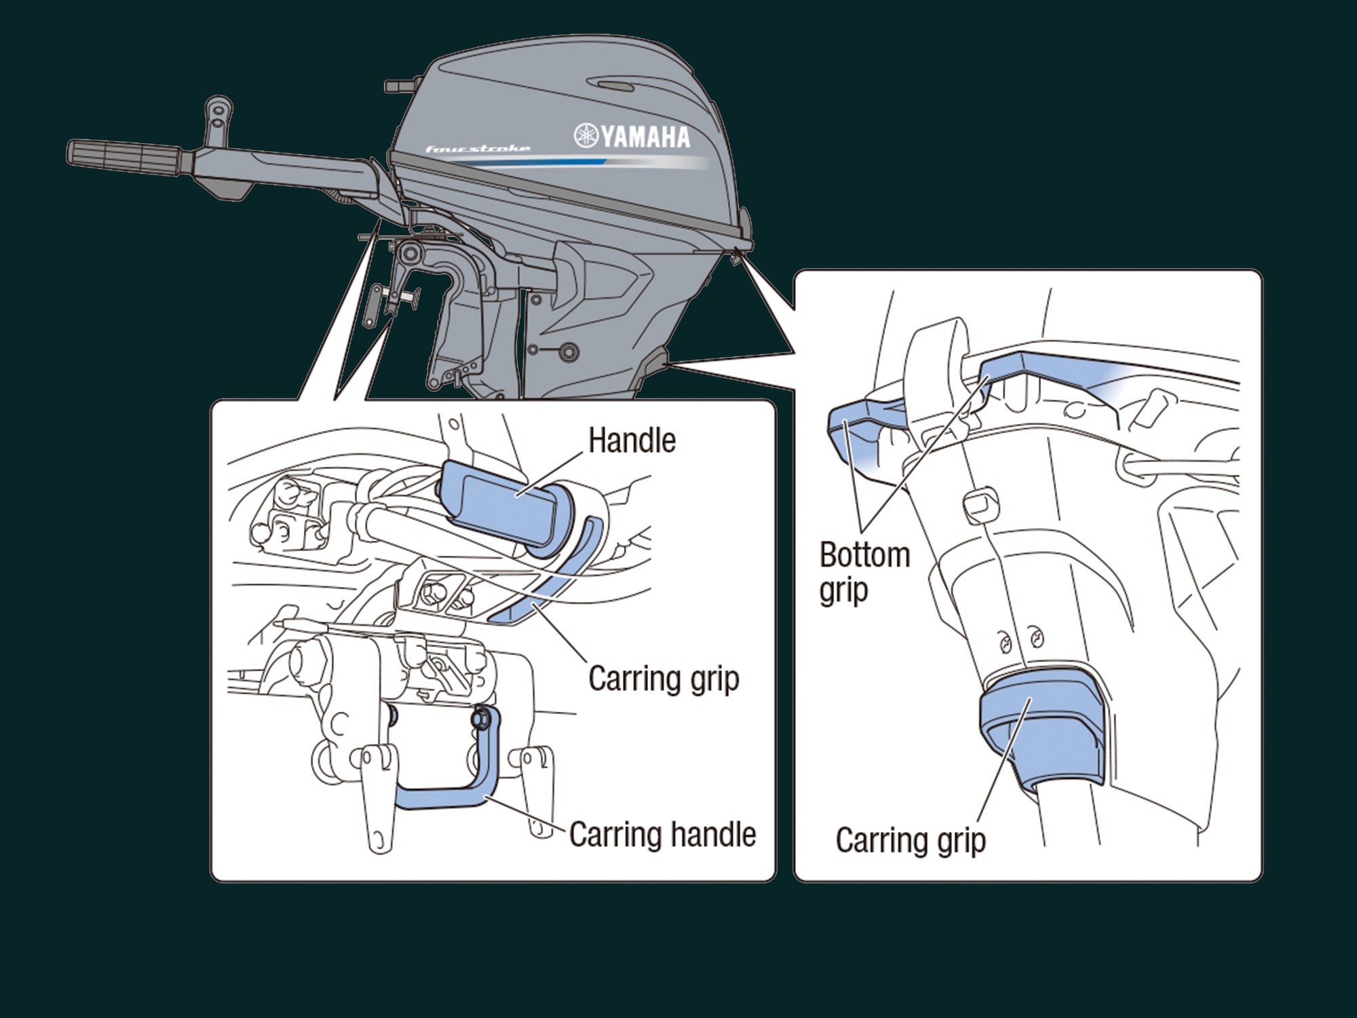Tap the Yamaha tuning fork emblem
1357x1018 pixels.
click(585, 136)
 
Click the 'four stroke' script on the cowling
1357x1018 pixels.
click(477, 149)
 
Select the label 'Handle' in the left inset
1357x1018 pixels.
click(632, 440)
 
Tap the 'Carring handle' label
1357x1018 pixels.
click(662, 834)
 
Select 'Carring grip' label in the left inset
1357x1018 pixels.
click(663, 679)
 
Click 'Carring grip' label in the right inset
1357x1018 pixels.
click(910, 840)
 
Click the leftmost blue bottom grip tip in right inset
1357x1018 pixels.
click(848, 434)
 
